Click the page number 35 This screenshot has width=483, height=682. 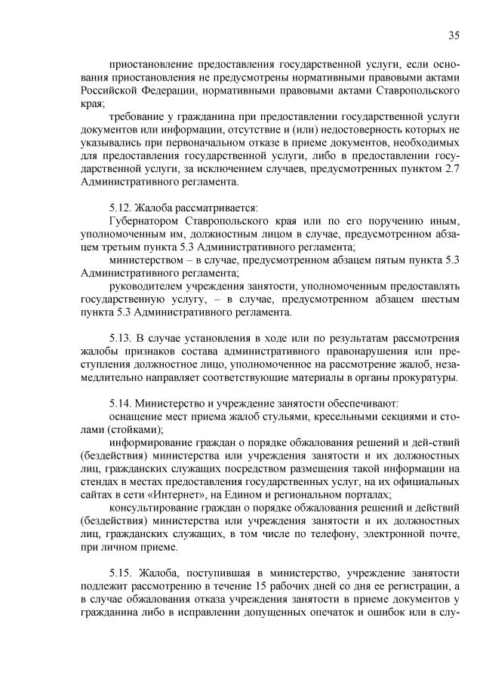coord(454,35)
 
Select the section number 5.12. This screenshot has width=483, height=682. coord(122,207)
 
